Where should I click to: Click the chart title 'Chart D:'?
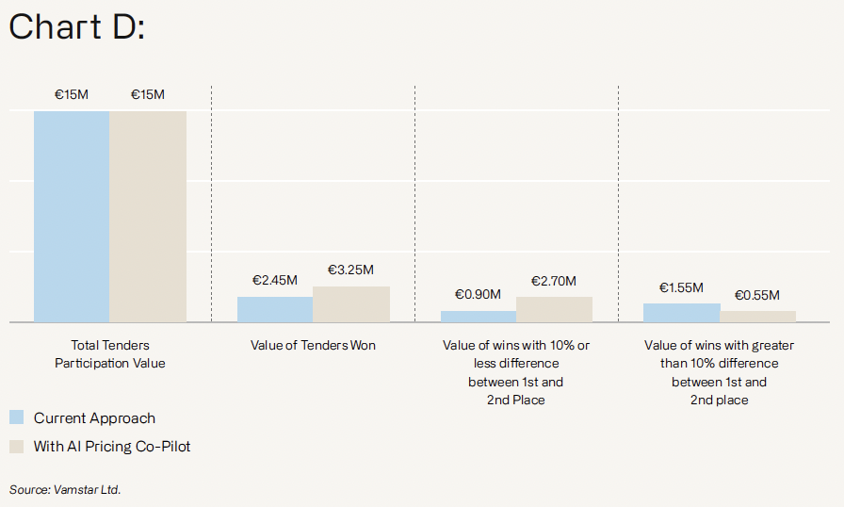click(x=76, y=27)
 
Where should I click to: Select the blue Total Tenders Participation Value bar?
click(x=72, y=216)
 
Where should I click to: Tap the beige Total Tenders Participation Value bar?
click(x=148, y=216)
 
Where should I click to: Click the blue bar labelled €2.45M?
click(x=275, y=309)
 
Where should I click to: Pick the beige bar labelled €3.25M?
click(x=351, y=304)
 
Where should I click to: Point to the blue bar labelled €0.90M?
click(x=479, y=317)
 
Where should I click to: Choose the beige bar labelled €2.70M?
click(x=555, y=309)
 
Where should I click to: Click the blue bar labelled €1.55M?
click(x=682, y=313)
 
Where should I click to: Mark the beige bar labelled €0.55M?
click(x=758, y=317)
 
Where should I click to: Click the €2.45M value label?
click(x=275, y=281)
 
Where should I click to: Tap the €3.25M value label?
click(x=351, y=270)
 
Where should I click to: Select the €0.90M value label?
click(x=479, y=295)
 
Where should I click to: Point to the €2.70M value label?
click(x=554, y=281)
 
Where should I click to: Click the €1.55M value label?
click(x=681, y=287)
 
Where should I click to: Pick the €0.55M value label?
click(x=757, y=295)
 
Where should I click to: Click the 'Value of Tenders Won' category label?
click(x=313, y=346)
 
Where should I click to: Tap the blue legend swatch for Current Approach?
click(x=16, y=418)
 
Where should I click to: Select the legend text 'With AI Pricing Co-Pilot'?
click(x=112, y=446)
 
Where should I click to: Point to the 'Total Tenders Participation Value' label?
click(x=110, y=354)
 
